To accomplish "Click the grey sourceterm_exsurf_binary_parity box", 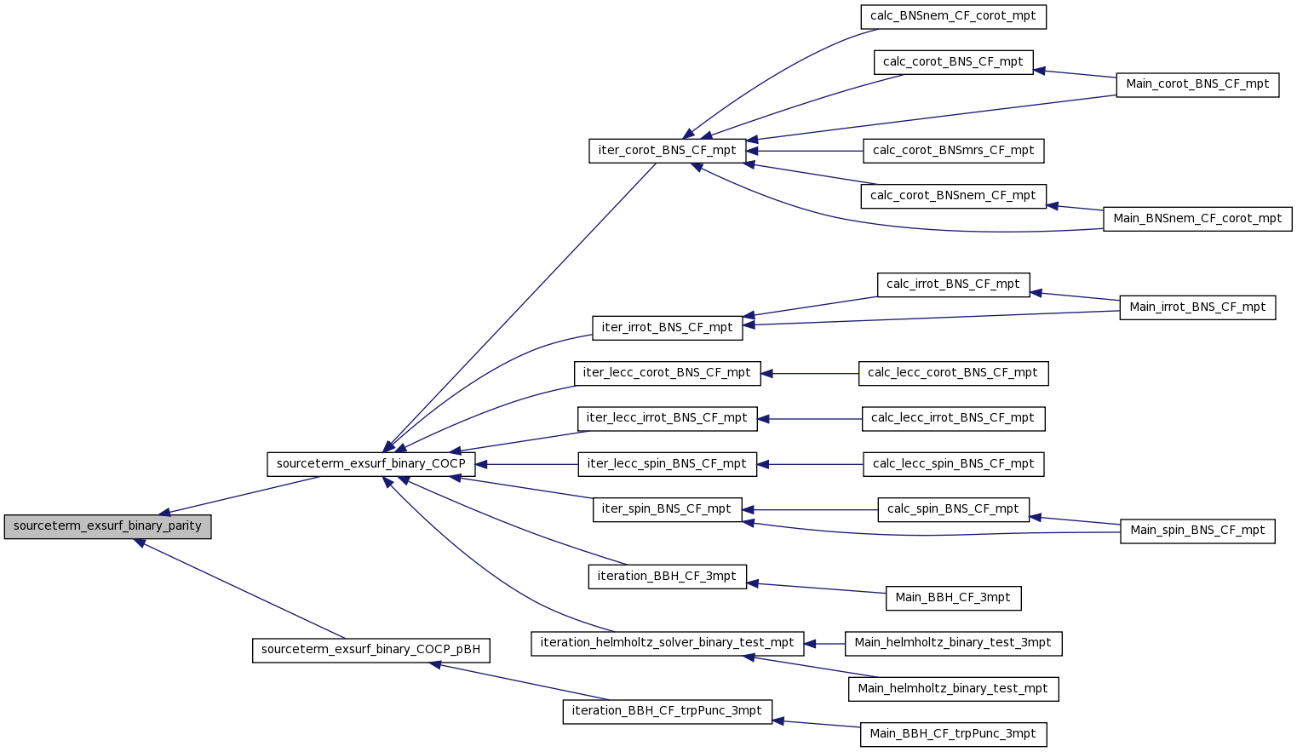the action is pos(107,527).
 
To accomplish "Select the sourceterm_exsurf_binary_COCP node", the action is pos(371,464).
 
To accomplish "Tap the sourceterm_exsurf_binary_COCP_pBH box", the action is pos(371,651).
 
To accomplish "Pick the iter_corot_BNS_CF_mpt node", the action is pos(668,151).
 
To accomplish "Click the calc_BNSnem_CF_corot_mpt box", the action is pos(954,17).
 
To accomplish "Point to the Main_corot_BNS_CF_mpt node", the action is pos(1198,85).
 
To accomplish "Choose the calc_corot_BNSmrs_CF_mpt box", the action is pos(954,151).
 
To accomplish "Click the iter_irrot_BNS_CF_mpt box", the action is pos(668,328).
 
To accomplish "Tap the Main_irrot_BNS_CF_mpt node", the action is pos(1198,307).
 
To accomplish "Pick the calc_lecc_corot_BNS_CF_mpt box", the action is pos(954,373).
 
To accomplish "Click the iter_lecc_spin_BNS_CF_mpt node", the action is pos(668,464).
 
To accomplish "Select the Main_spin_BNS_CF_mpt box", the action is pos(1198,531).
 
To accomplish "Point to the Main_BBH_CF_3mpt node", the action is pos(954,598).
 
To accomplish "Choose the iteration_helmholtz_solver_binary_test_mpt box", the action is pos(668,644).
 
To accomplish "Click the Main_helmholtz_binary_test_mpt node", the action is pos(954,690).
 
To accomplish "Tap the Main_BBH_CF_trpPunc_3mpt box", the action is pos(954,735).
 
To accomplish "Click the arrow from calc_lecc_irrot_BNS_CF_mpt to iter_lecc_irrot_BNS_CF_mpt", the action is pos(810,419).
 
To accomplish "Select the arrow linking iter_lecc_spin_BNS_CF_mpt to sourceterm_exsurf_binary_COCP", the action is pos(527,464).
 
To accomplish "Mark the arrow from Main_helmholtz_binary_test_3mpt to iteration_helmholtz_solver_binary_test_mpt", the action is pos(824,644).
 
